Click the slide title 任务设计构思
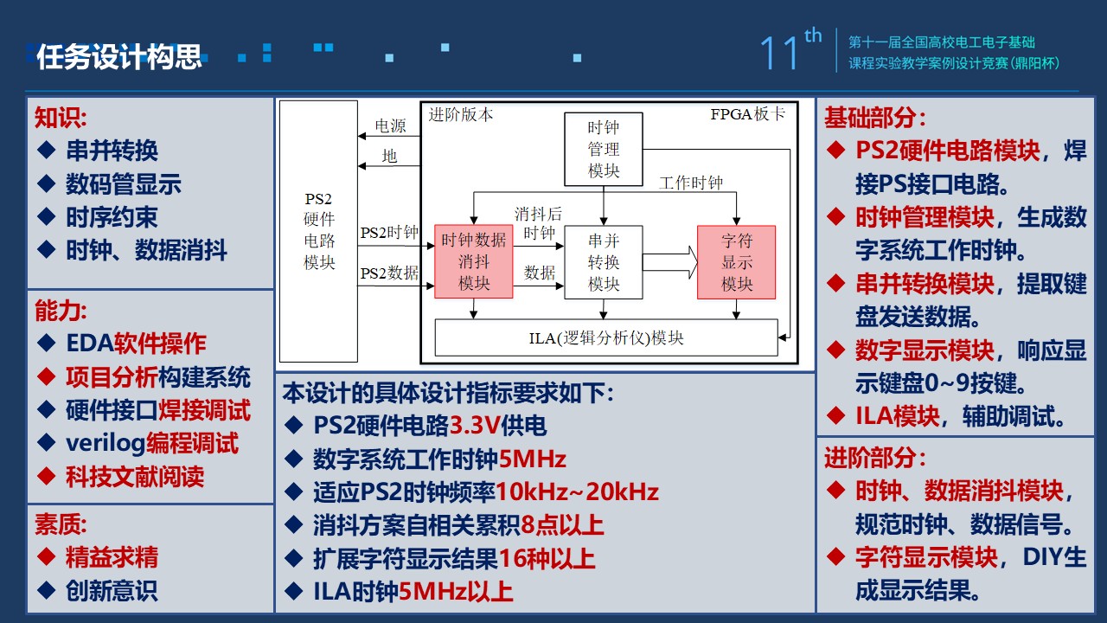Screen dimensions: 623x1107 click(x=119, y=56)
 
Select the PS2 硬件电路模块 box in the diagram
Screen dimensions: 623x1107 click(x=319, y=230)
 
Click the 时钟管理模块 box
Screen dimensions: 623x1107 click(x=604, y=149)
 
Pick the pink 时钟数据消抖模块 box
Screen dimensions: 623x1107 click(x=473, y=261)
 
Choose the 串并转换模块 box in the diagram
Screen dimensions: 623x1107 click(x=604, y=261)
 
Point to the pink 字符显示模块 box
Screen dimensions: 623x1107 click(x=737, y=261)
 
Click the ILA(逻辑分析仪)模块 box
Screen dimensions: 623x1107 click(x=605, y=337)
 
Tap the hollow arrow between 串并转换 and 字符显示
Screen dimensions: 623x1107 click(x=670, y=261)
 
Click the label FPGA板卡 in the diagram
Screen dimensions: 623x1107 click(x=748, y=114)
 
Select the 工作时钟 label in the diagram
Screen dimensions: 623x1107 click(x=691, y=183)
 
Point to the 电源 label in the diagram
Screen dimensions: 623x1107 click(x=390, y=126)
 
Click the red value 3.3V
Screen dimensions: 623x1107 click(x=475, y=426)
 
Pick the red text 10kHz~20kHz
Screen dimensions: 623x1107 click(x=577, y=492)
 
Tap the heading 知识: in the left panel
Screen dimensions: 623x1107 click(x=61, y=117)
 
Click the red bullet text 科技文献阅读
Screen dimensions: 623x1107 click(x=135, y=476)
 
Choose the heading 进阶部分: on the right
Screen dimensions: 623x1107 click(x=875, y=457)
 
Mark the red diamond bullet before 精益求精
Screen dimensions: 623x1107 click(x=46, y=557)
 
